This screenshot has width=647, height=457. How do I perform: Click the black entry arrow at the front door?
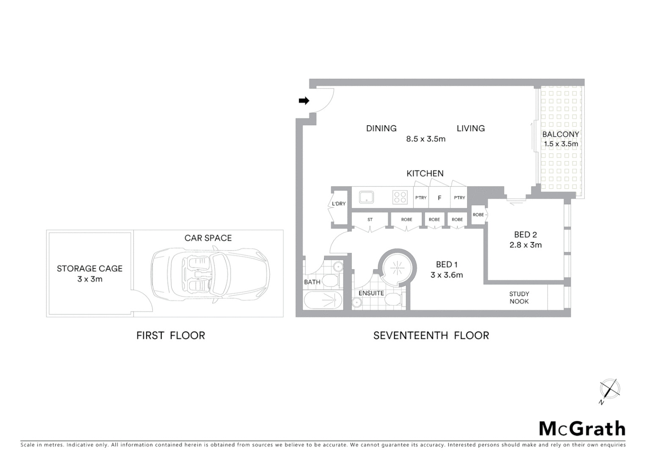click(x=304, y=101)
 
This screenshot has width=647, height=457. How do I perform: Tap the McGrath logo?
click(x=582, y=428)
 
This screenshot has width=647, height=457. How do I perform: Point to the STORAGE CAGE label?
click(x=89, y=269)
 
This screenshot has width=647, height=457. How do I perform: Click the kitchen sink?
click(x=366, y=197)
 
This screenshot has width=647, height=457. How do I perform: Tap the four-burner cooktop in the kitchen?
click(x=400, y=197)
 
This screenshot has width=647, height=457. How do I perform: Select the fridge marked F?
click(x=440, y=198)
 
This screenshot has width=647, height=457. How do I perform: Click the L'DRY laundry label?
click(x=338, y=204)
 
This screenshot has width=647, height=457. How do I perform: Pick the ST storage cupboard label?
click(x=370, y=220)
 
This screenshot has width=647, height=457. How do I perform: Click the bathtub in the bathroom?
click(x=323, y=300)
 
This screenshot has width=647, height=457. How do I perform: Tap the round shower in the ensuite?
click(x=397, y=267)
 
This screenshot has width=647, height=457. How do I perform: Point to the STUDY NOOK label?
click(x=519, y=297)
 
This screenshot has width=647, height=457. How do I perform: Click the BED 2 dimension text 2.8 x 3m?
click(x=525, y=245)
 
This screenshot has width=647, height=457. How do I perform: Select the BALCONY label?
click(x=561, y=134)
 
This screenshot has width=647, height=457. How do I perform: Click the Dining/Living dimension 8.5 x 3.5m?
click(x=426, y=139)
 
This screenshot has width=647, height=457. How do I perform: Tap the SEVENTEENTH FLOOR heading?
click(x=431, y=336)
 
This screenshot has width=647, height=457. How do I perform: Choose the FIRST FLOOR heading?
click(x=171, y=336)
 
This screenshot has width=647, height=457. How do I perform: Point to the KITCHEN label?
click(x=425, y=173)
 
